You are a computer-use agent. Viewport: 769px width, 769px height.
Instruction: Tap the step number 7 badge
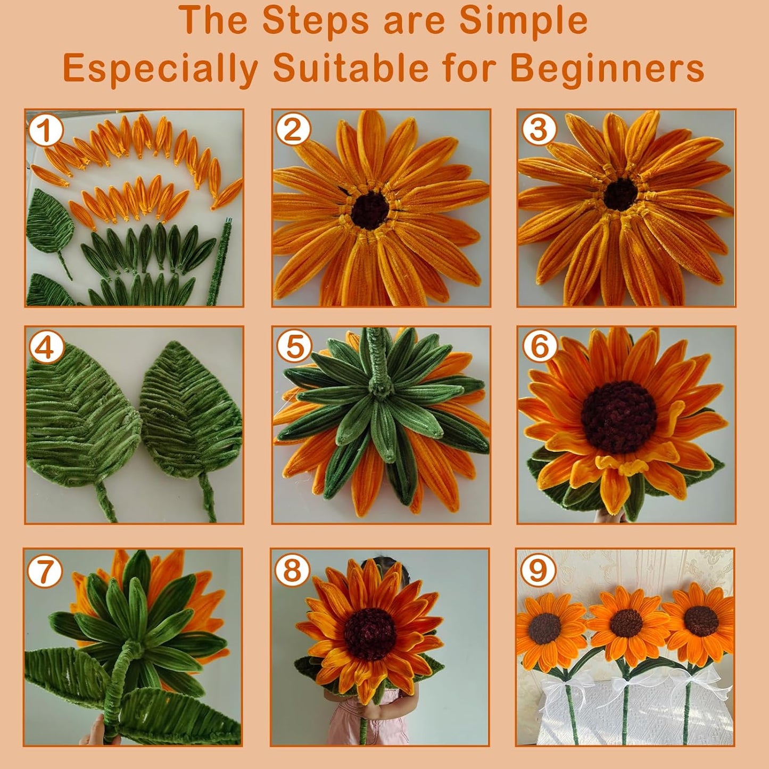click(45, 571)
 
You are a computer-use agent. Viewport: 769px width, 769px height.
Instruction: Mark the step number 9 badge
click(538, 571)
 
